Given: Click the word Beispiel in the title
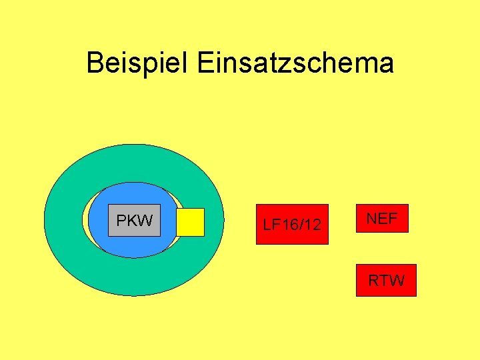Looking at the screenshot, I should pyautogui.click(x=138, y=63).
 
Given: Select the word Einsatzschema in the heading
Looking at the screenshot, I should pyautogui.click(x=295, y=63).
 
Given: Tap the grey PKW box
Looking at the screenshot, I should pyautogui.click(x=134, y=220).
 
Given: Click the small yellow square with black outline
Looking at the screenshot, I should pyautogui.click(x=190, y=222).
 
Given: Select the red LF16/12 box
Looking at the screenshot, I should pyautogui.click(x=292, y=224).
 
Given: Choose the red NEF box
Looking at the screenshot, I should pyautogui.click(x=382, y=218).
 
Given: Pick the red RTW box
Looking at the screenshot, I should pyautogui.click(x=386, y=280).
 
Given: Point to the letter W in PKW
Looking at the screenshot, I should pyautogui.click(x=145, y=220).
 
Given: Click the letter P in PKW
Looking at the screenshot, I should pyautogui.click(x=121, y=220).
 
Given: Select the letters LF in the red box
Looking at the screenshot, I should pyautogui.click(x=271, y=225).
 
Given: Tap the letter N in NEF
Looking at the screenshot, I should pyautogui.click(x=371, y=218).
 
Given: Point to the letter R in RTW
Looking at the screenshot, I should pyautogui.click(x=374, y=280).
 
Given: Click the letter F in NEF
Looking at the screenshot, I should pyautogui.click(x=393, y=218).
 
